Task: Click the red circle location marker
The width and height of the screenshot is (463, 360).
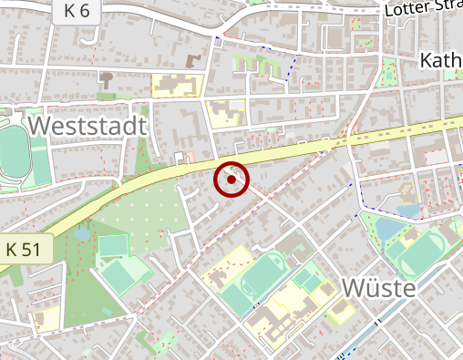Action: coord(231,180)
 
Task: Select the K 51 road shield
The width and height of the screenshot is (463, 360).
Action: coord(24,249)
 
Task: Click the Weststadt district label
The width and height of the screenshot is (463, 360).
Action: coord(87,125)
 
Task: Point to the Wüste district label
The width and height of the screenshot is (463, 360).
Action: coord(378,289)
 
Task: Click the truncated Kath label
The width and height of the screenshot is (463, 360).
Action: coord(441,61)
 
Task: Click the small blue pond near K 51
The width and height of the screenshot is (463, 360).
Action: coord(83,234)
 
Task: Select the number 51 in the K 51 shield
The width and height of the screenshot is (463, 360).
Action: coord(31,249)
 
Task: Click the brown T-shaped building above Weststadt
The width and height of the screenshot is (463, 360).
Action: coord(193,61)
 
